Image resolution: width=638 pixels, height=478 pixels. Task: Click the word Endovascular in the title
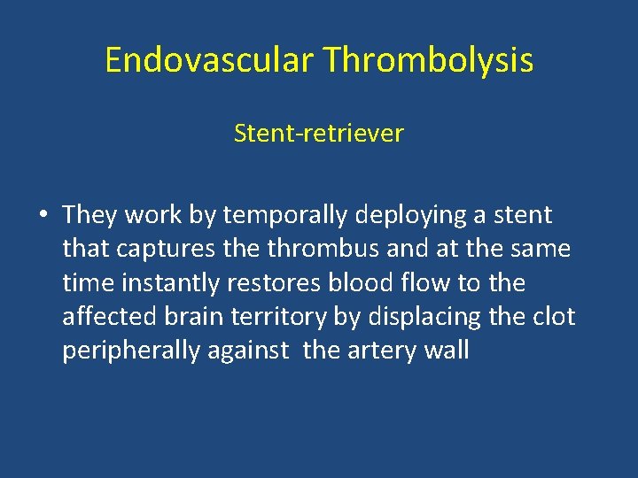pyautogui.click(x=209, y=60)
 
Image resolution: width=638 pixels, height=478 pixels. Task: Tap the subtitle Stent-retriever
pyautogui.click(x=318, y=134)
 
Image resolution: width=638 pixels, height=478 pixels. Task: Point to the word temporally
pyautogui.click(x=285, y=215)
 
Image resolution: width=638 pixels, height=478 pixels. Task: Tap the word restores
pyautogui.click(x=286, y=283)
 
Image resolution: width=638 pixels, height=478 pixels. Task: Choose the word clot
pyautogui.click(x=553, y=317)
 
